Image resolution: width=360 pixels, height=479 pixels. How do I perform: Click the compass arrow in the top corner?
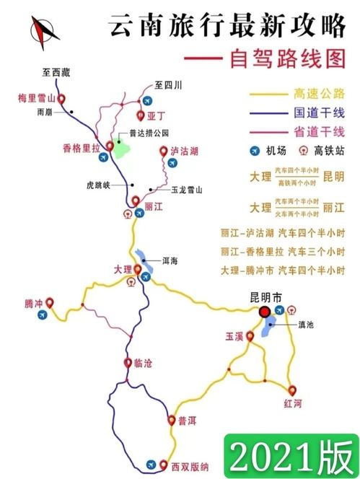point(43,30)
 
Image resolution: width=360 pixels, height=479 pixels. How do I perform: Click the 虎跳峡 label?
point(98,184)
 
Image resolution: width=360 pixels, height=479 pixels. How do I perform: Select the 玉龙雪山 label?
point(187,190)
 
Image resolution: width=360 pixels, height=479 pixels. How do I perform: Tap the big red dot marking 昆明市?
point(265,312)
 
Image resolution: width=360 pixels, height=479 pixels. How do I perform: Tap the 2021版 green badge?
point(292,455)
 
